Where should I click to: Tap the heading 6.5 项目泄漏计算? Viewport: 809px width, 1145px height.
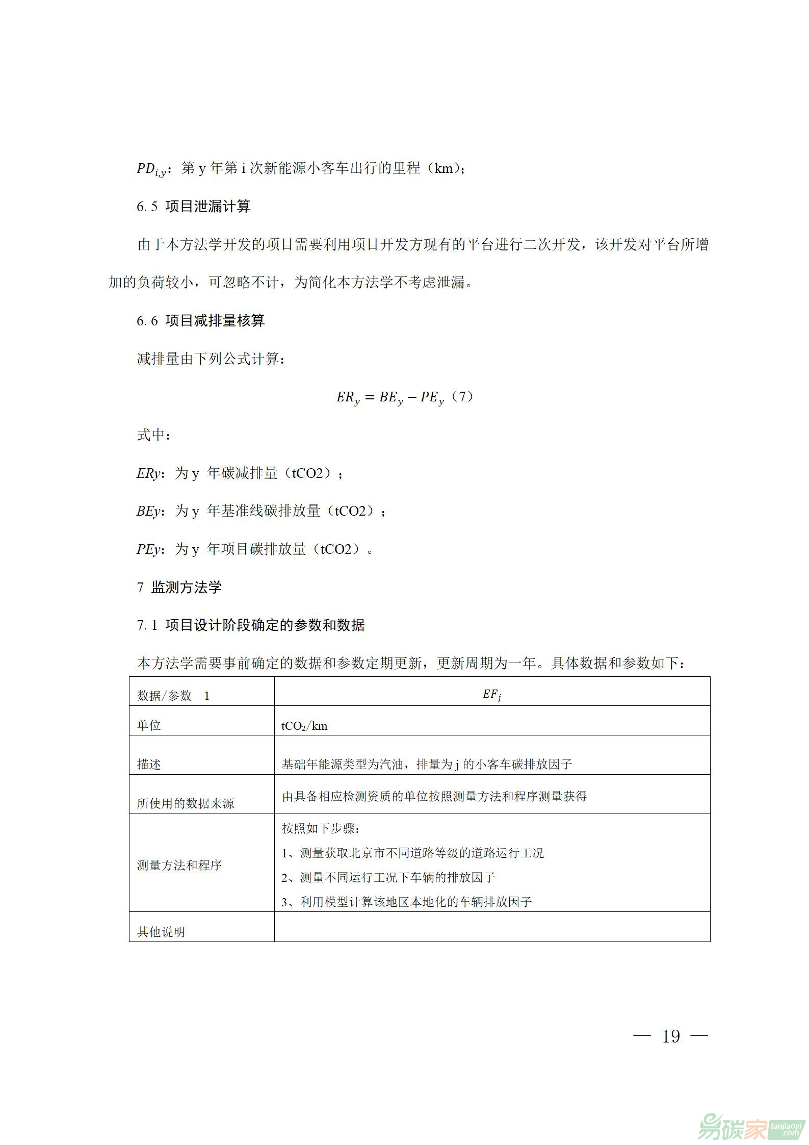[194, 207]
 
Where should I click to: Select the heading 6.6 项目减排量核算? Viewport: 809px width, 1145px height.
[201, 321]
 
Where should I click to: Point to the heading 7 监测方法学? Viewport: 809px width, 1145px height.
[179, 587]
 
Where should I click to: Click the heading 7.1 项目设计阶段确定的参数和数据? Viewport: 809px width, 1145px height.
[251, 625]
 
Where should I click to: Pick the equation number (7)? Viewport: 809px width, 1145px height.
[463, 397]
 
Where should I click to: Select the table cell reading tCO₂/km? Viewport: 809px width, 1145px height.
[304, 726]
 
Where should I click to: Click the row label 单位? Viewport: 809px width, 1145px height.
[149, 725]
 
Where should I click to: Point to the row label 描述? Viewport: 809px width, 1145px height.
[149, 764]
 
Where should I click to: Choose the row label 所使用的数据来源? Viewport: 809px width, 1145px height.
[186, 803]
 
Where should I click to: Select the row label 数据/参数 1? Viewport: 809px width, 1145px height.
[173, 696]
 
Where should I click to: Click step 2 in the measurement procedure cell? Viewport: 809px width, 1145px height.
[388, 877]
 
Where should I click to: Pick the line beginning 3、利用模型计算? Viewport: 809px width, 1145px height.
[407, 902]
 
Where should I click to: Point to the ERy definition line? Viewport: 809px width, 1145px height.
[240, 474]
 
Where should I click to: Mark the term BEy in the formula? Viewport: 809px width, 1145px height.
[391, 398]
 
